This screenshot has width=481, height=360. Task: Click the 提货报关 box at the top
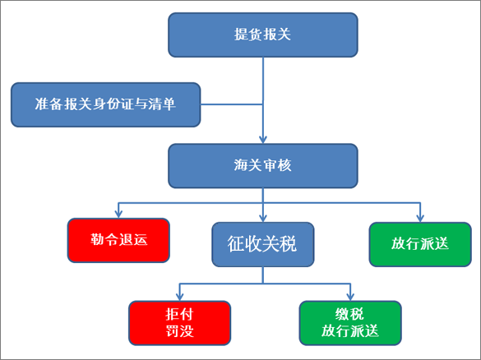click(263, 35)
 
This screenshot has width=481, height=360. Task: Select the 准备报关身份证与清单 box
click(106, 104)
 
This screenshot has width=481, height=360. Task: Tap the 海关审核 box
click(263, 166)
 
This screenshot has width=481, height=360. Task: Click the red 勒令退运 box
click(118, 240)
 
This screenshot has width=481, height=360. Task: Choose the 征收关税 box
click(263, 244)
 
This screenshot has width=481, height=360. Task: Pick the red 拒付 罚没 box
click(180, 323)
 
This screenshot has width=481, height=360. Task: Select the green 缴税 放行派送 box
click(350, 323)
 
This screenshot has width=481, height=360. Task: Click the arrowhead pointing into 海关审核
click(263, 140)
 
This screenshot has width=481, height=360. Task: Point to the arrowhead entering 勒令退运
click(118, 214)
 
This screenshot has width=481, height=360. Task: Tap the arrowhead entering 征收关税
click(263, 218)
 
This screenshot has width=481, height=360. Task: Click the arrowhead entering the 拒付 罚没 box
click(180, 297)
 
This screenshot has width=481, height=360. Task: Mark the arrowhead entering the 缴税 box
click(350, 297)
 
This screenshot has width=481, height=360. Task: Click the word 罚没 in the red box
click(180, 331)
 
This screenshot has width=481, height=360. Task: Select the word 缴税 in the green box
click(350, 314)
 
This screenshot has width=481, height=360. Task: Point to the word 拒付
click(180, 314)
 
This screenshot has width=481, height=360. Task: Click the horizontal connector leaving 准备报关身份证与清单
click(232, 104)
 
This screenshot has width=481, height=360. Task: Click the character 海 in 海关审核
click(241, 165)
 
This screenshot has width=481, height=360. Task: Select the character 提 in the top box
click(241, 35)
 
